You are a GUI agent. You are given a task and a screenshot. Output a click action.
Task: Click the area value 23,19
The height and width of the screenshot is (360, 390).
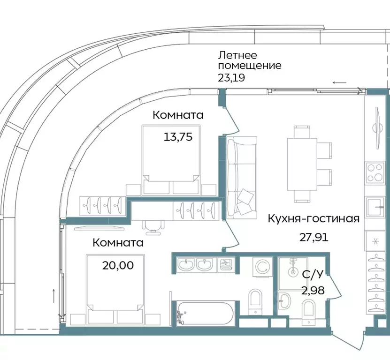[231, 77]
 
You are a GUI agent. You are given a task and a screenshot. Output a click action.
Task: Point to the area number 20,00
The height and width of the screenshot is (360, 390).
[118, 265]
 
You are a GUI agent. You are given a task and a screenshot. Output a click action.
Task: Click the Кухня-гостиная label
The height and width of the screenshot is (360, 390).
[314, 218]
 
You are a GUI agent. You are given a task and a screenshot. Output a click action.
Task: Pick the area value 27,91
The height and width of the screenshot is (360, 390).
[314, 236]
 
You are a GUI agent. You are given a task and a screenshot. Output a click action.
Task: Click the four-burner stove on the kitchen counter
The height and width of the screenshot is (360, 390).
[375, 172]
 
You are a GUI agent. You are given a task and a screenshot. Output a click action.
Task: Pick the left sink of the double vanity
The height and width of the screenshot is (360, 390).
[186, 266]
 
